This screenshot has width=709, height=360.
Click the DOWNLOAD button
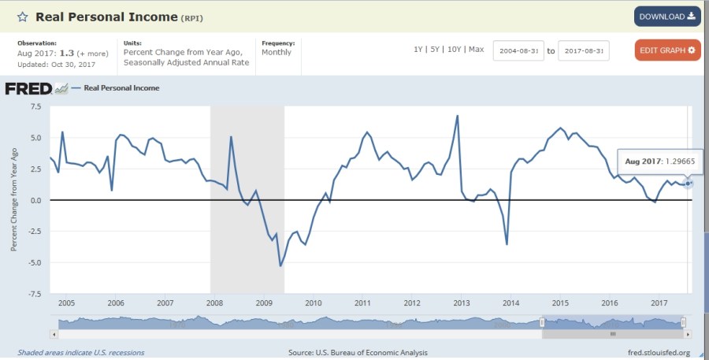coord(666,17)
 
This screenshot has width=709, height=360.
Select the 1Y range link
coord(418,50)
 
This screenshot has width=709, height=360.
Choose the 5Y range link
coord(435,50)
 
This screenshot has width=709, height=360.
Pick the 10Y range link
coord(454,50)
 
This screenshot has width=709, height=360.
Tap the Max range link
coord(476,50)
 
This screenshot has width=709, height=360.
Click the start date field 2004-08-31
coord(518,51)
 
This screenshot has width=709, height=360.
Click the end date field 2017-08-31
coord(584,51)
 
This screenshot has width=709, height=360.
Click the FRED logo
coord(28,88)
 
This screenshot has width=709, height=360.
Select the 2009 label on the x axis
coord(263,302)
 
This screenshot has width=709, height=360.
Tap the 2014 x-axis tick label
coord(510,302)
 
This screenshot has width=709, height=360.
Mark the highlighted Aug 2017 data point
coord(689,184)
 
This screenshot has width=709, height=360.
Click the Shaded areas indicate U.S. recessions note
coord(81,353)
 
